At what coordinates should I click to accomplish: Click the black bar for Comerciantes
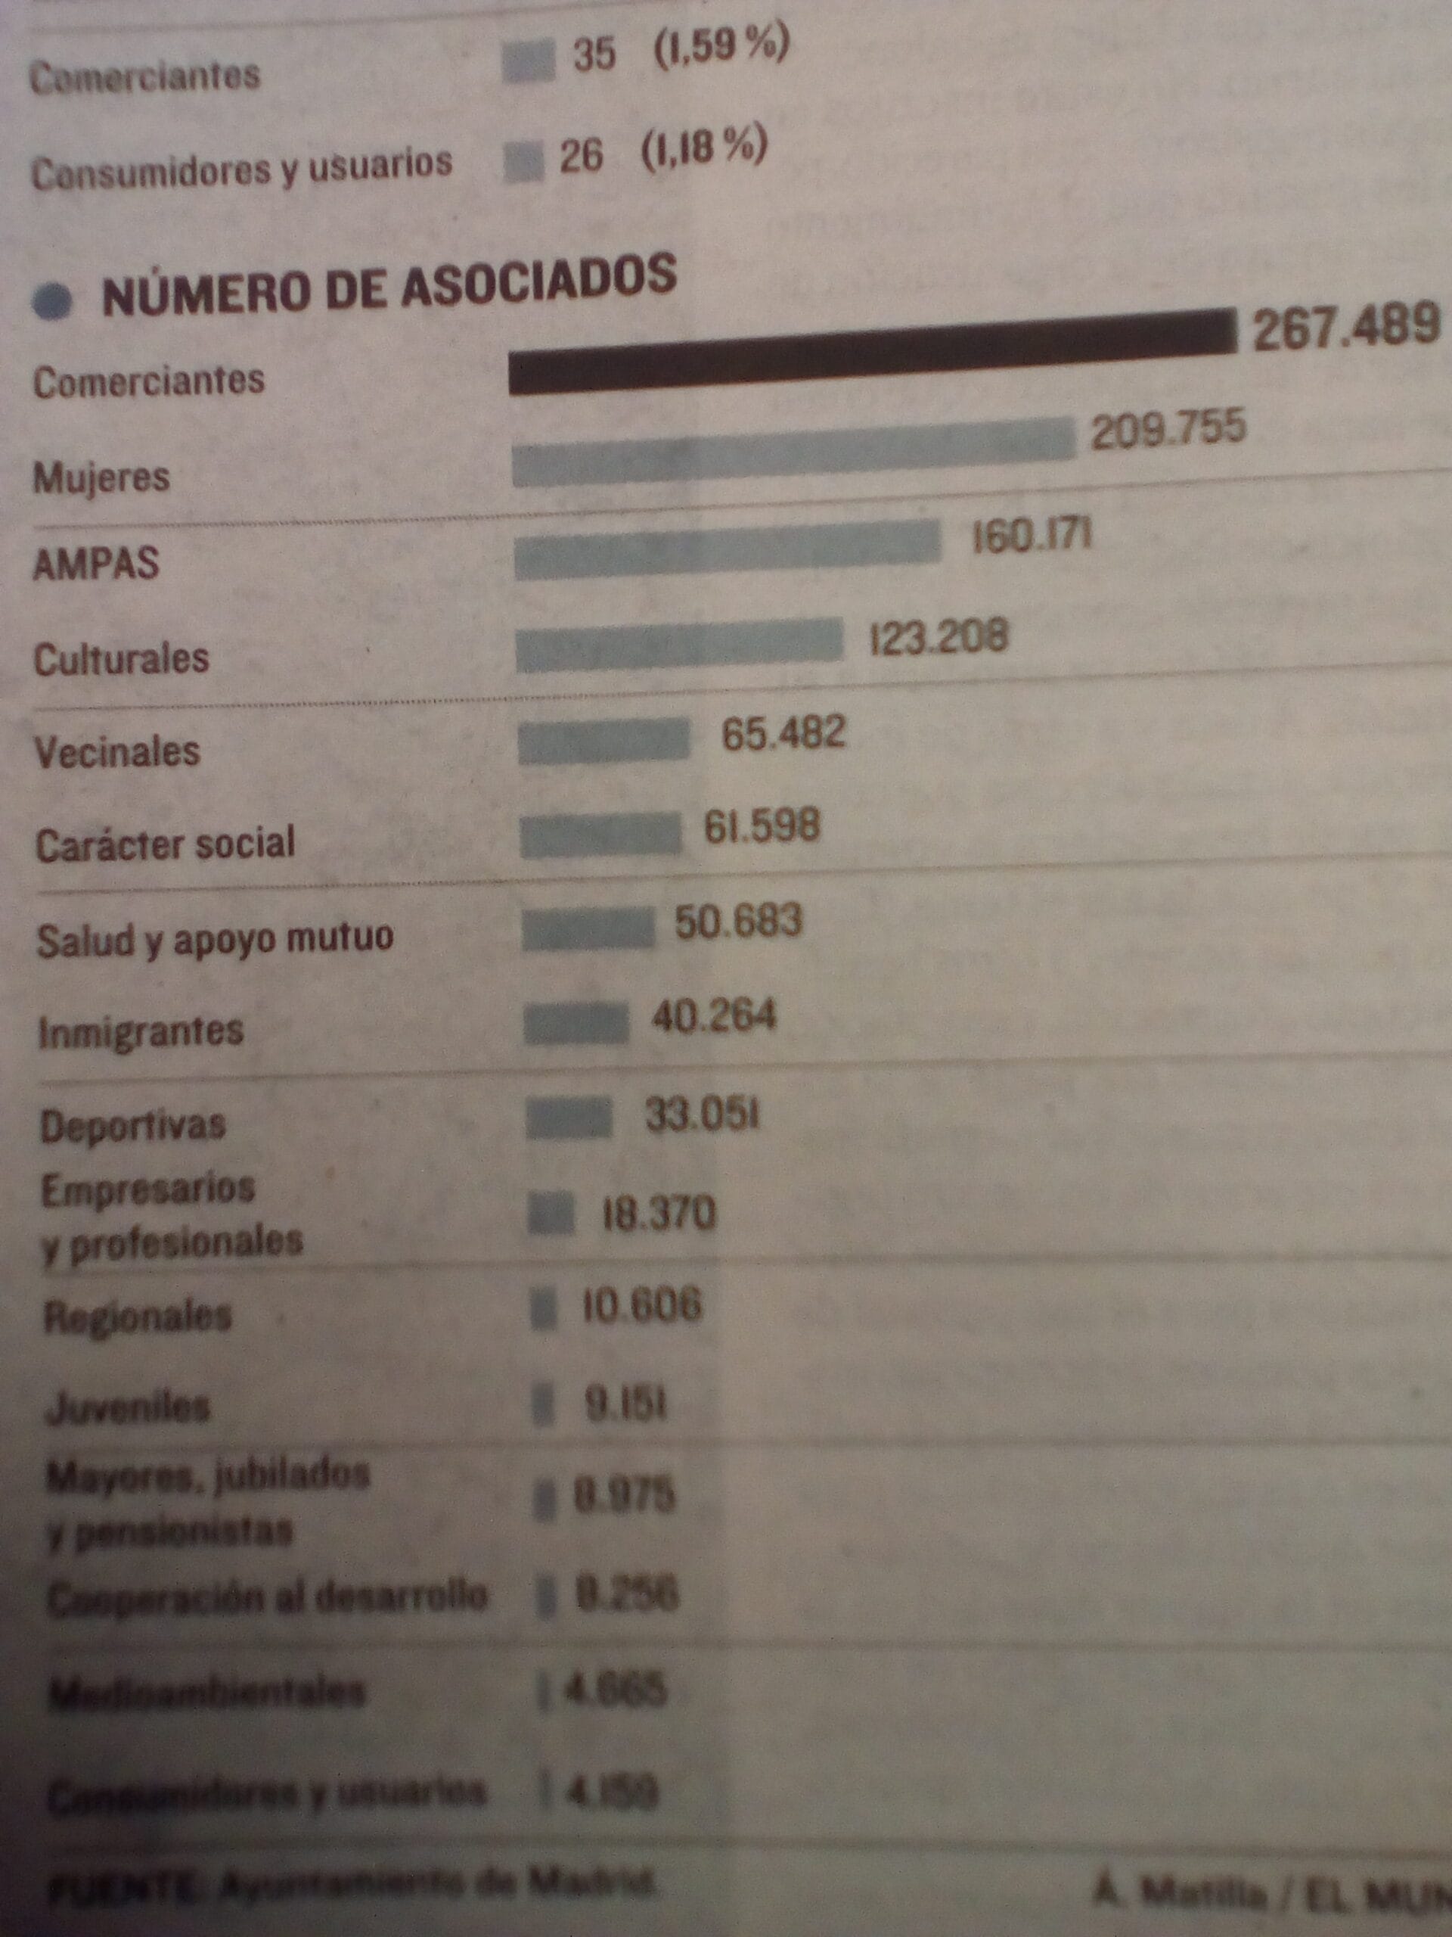pyautogui.click(x=871, y=353)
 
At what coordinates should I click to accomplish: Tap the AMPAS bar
pyautogui.click(x=727, y=549)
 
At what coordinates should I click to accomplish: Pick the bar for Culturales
pyautogui.click(x=678, y=645)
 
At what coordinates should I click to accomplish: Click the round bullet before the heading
pyautogui.click(x=52, y=302)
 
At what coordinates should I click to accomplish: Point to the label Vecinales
pyautogui.click(x=117, y=752)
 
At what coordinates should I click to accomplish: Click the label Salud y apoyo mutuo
pyautogui.click(x=216, y=940)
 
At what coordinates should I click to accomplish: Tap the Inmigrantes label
pyautogui.click(x=141, y=1031)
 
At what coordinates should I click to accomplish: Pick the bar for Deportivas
pyautogui.click(x=569, y=1120)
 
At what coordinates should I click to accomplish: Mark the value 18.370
pyautogui.click(x=658, y=1214)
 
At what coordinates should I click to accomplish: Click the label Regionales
pyautogui.click(x=138, y=1316)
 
